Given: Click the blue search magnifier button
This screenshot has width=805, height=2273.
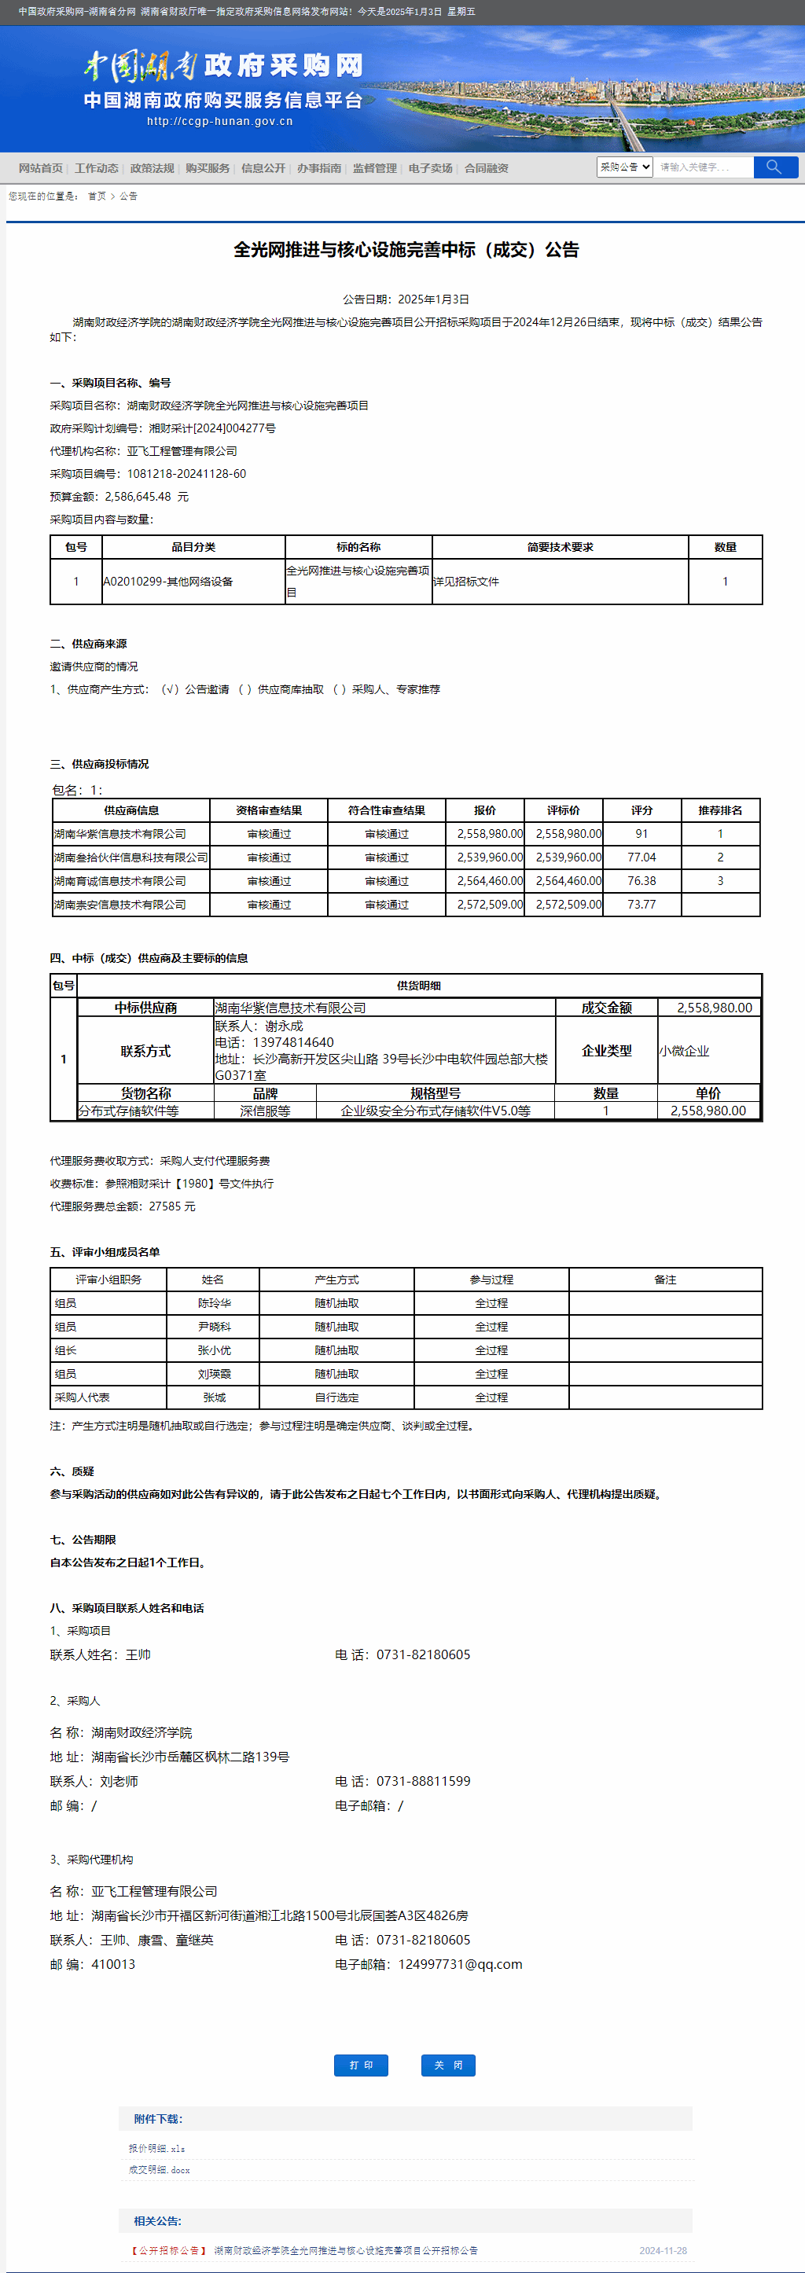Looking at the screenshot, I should pos(775,167).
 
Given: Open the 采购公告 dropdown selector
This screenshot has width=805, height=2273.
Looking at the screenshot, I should pos(625,167).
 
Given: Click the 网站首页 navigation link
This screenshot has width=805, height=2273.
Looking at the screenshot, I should pos(41,168).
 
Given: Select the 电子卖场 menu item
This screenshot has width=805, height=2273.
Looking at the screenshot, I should pos(430,168).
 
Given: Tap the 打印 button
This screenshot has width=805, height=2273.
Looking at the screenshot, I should pos(361,2065).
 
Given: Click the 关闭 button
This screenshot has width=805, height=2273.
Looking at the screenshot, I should pos(448,2065).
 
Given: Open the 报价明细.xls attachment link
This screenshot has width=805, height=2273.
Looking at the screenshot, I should pos(157,2148).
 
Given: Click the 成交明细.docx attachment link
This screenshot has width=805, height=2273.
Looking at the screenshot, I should pos(160,2169).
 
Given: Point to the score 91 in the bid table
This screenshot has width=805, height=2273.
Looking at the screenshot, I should pos(641,834).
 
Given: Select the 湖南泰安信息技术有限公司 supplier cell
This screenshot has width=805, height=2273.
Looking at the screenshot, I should pos(120,905).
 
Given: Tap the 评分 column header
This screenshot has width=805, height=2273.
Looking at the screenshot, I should pos(641,810).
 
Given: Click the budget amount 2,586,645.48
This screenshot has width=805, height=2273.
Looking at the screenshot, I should pos(138,497).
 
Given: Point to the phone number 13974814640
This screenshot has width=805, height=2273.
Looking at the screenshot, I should pos(293,1042).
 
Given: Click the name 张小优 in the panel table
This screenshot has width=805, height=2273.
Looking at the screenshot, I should pos(214,1350).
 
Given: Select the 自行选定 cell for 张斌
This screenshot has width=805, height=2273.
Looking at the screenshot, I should pos(336,1397).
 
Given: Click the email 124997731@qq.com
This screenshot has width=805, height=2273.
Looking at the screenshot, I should pos(460,1964).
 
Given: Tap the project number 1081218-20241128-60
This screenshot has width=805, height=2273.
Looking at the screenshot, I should pos(186,474).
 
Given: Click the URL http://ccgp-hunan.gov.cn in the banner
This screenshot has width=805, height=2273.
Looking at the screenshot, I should pos(220,122).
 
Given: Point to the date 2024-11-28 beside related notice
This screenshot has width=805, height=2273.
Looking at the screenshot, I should pos(663,2250).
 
